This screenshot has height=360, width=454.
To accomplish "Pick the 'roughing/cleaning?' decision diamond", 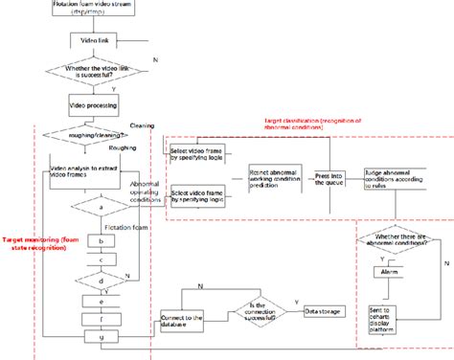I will coord(93,136).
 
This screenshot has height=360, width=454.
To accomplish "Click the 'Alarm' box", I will coord(388,271).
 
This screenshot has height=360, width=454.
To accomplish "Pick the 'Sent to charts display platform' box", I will coord(389,316).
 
